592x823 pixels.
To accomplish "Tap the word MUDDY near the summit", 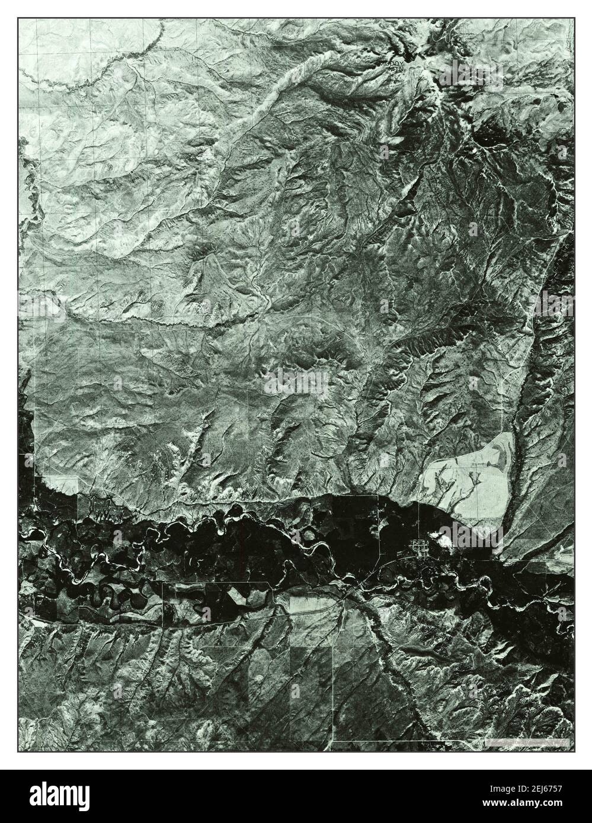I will [x=391, y=62].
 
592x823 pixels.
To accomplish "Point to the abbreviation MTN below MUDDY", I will [x=396, y=69].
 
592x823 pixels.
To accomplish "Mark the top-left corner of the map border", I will [x=18, y=18].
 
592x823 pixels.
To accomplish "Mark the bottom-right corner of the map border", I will [x=574, y=752].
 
